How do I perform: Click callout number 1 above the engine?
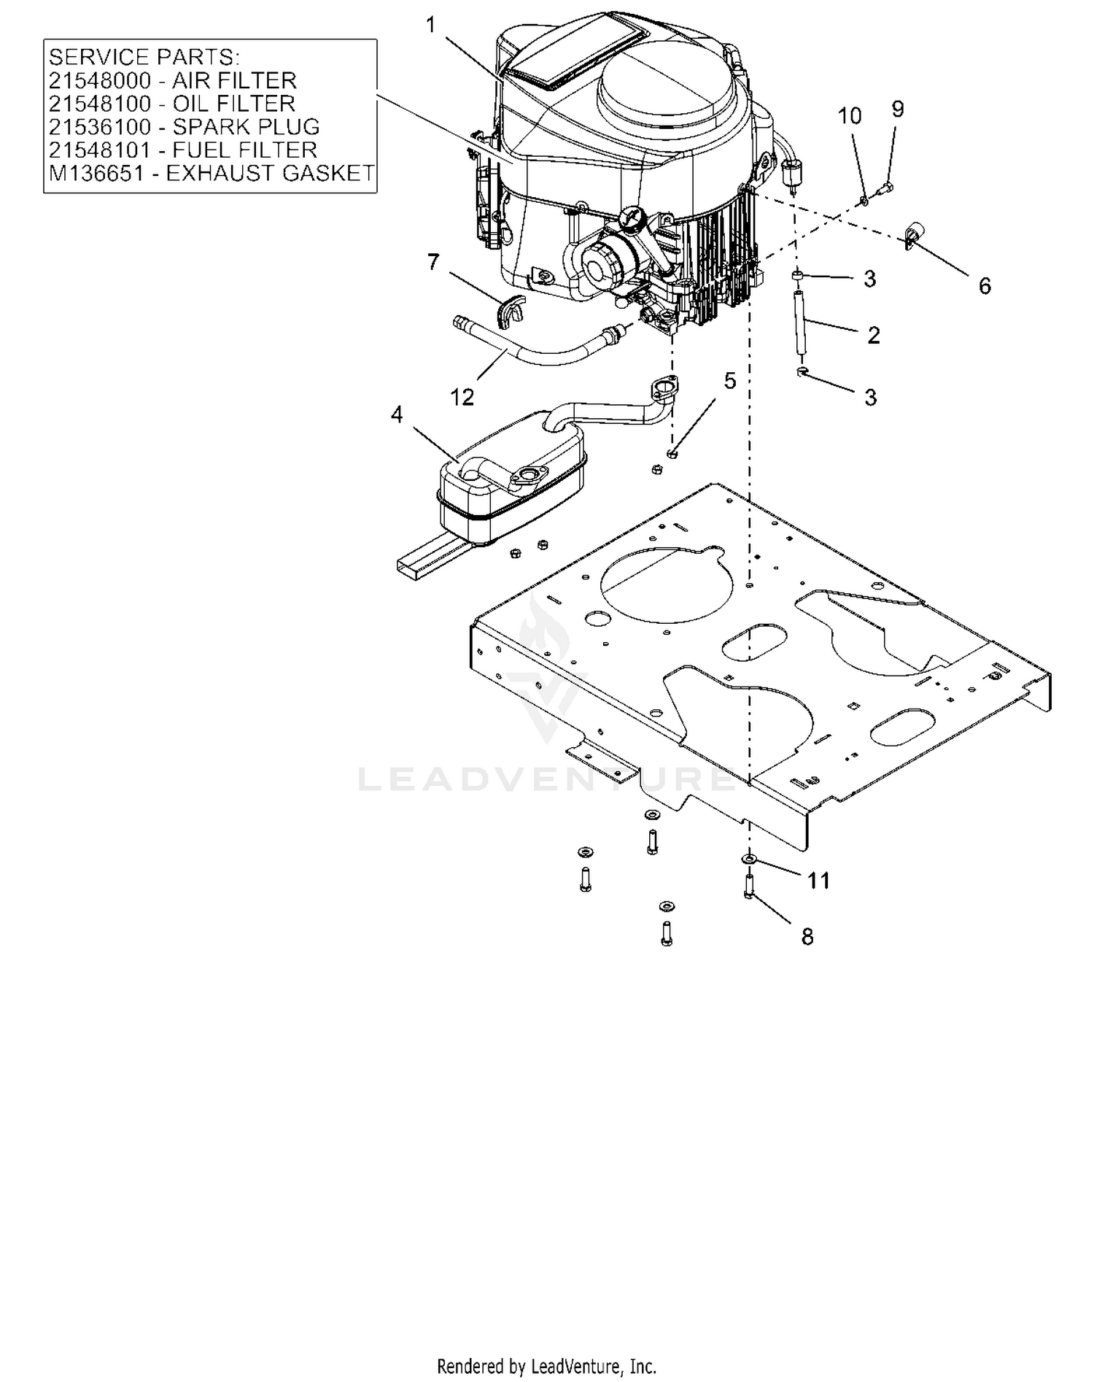430,26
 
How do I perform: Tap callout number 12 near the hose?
462,398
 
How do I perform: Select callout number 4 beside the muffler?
397,414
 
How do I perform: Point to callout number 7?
433,261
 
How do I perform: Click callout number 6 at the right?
985,286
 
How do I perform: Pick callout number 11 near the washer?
819,881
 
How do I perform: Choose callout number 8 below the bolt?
807,937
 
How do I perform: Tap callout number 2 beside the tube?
874,335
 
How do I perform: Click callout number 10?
850,116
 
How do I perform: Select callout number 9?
898,109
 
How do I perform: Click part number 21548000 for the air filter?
100,80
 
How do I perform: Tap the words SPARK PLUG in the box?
247,127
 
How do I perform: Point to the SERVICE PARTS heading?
144,57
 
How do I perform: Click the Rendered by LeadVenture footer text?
547,1364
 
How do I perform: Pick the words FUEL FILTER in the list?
245,150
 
